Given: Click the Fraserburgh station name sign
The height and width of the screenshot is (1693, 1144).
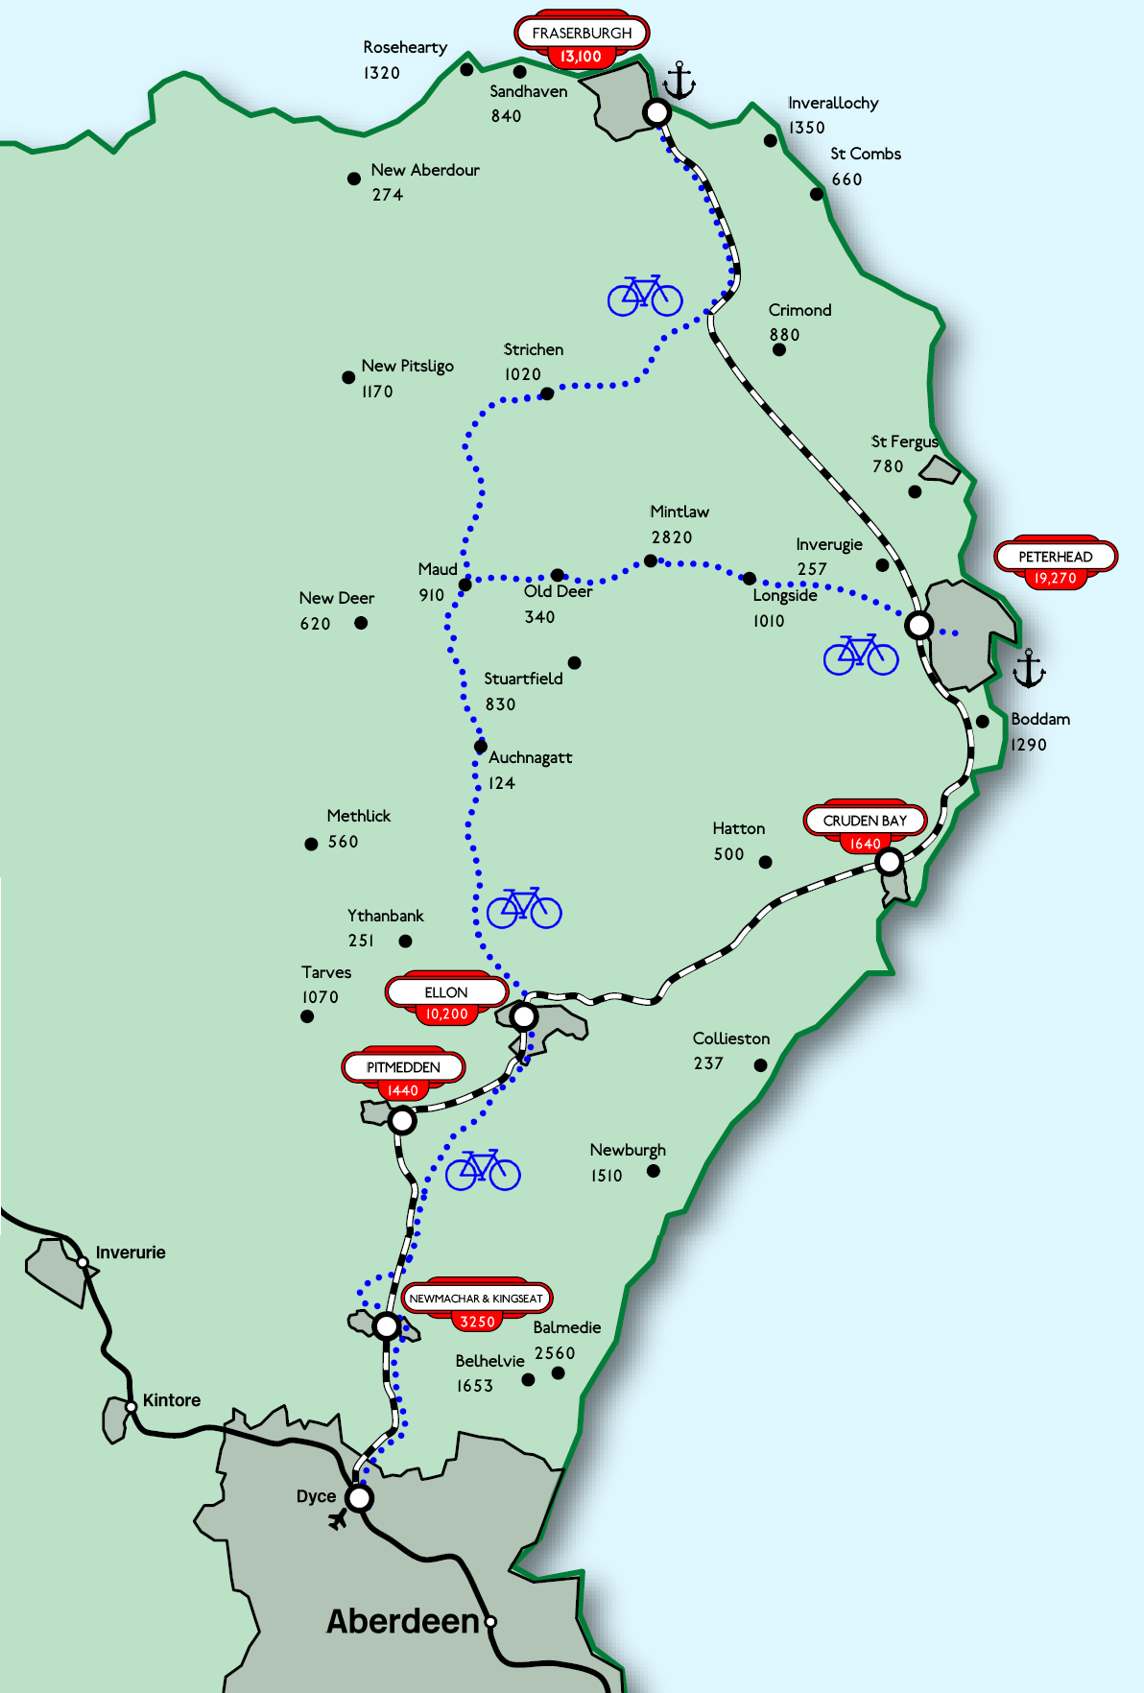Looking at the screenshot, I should click(582, 33).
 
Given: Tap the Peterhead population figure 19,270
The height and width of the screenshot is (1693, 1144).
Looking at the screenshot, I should click(1055, 578).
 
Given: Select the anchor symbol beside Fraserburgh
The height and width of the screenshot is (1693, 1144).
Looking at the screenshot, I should click(679, 81).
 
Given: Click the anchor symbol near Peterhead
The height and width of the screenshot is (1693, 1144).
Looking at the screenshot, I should click(1029, 668).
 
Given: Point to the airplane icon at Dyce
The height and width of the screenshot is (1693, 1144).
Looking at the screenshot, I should click(338, 1518).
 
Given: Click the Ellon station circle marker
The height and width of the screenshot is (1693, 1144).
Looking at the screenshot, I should click(524, 1015).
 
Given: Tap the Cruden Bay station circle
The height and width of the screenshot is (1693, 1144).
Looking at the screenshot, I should click(890, 861).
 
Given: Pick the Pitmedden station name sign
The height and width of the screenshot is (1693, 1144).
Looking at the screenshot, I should click(403, 1067).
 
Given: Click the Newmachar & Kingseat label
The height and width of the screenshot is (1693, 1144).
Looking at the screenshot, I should click(476, 1299).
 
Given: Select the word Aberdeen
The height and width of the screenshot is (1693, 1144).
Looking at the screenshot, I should click(402, 1621).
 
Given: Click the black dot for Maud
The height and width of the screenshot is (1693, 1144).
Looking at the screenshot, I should click(465, 584).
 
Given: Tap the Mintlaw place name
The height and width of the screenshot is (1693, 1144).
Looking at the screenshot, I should click(679, 512).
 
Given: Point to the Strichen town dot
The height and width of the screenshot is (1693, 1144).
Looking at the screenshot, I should click(547, 393).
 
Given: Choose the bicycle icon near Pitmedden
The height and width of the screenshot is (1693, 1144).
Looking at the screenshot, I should click(483, 1169).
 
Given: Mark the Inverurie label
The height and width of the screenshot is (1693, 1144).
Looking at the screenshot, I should click(131, 1252).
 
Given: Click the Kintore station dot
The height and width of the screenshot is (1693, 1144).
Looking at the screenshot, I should click(131, 1407).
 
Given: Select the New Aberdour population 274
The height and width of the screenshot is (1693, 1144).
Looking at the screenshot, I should click(388, 195).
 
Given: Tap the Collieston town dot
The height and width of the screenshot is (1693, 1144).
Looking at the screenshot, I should click(760, 1064).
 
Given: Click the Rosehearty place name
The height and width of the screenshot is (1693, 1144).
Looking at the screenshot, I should click(405, 47).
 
